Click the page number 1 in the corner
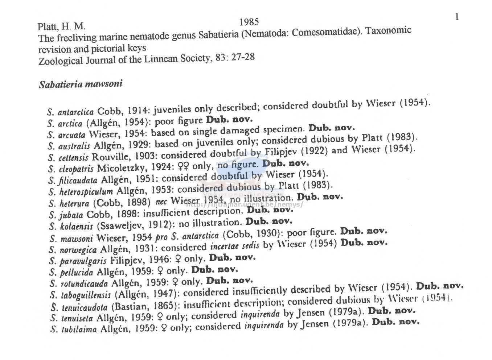tap(457, 17)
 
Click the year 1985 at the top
tap(249, 22)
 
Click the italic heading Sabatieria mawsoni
tap(81, 84)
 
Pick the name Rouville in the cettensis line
tap(108, 157)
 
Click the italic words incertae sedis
tap(235, 247)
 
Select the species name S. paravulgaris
tap(78, 261)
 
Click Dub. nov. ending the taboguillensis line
tap(439, 286)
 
